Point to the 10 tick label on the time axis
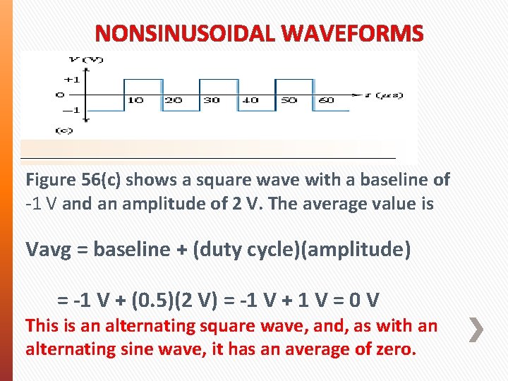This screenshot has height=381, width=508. (x=135, y=101)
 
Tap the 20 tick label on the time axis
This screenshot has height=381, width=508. (x=173, y=101)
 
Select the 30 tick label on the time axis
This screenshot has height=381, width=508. (x=212, y=101)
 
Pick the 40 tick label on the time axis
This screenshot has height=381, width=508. (x=250, y=101)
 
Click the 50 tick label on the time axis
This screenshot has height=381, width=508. (x=289, y=101)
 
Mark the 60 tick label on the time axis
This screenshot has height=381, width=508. (x=327, y=101)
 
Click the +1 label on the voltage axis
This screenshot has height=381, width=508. (x=71, y=79)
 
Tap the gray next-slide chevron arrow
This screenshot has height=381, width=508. (x=477, y=329)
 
